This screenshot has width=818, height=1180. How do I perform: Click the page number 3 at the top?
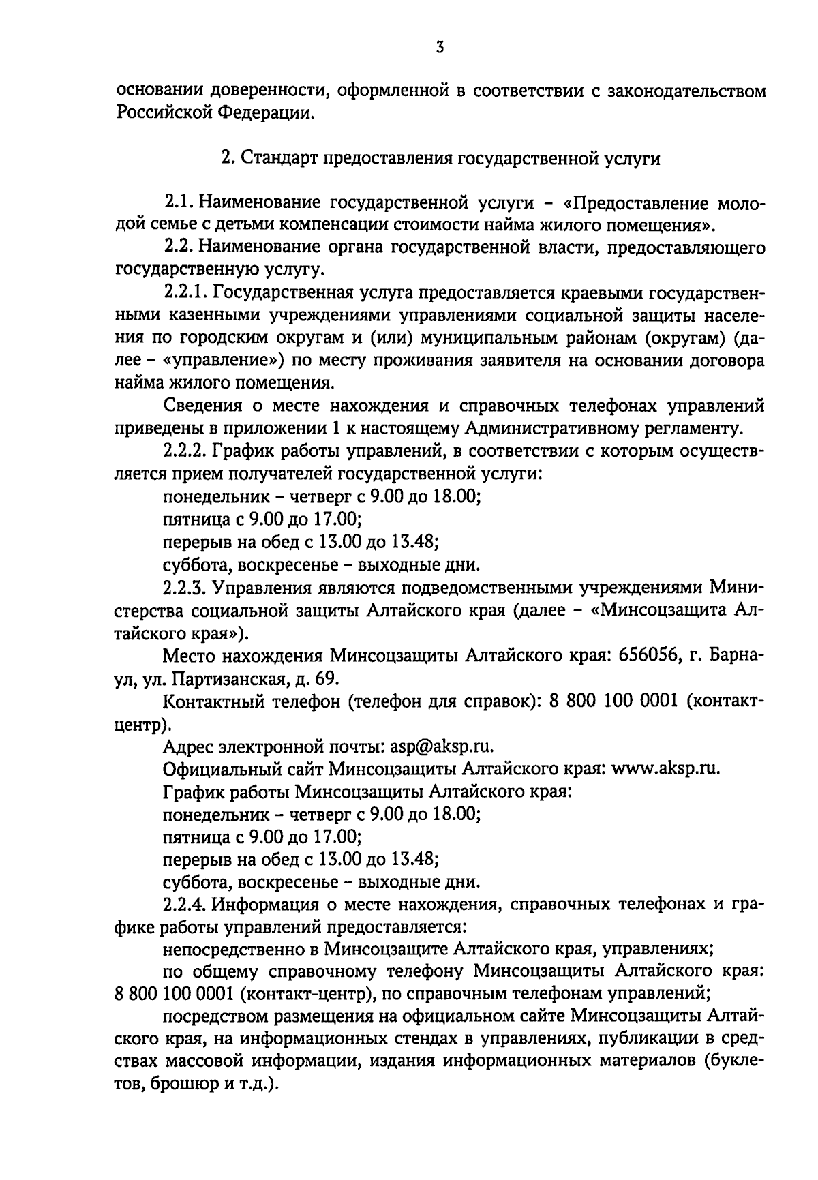[440, 47]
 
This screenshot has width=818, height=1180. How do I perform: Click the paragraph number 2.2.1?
[184, 292]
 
